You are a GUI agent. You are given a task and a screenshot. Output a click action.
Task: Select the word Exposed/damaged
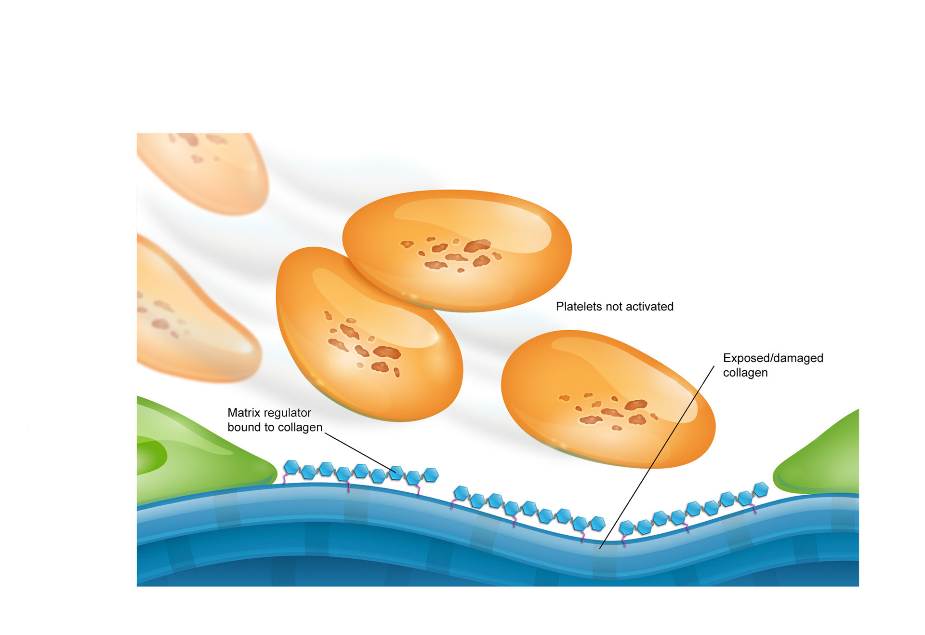click(x=773, y=358)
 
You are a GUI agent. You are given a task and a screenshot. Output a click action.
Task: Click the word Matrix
click(x=244, y=413)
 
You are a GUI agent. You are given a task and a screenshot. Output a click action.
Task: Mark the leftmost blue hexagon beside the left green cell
click(x=291, y=467)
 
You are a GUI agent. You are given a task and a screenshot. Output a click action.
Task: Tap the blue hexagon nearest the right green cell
click(x=761, y=489)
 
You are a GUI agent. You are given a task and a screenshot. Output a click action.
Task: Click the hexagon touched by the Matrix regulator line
click(x=396, y=473)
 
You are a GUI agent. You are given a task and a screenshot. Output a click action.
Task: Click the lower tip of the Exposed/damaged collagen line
click(x=600, y=548)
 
